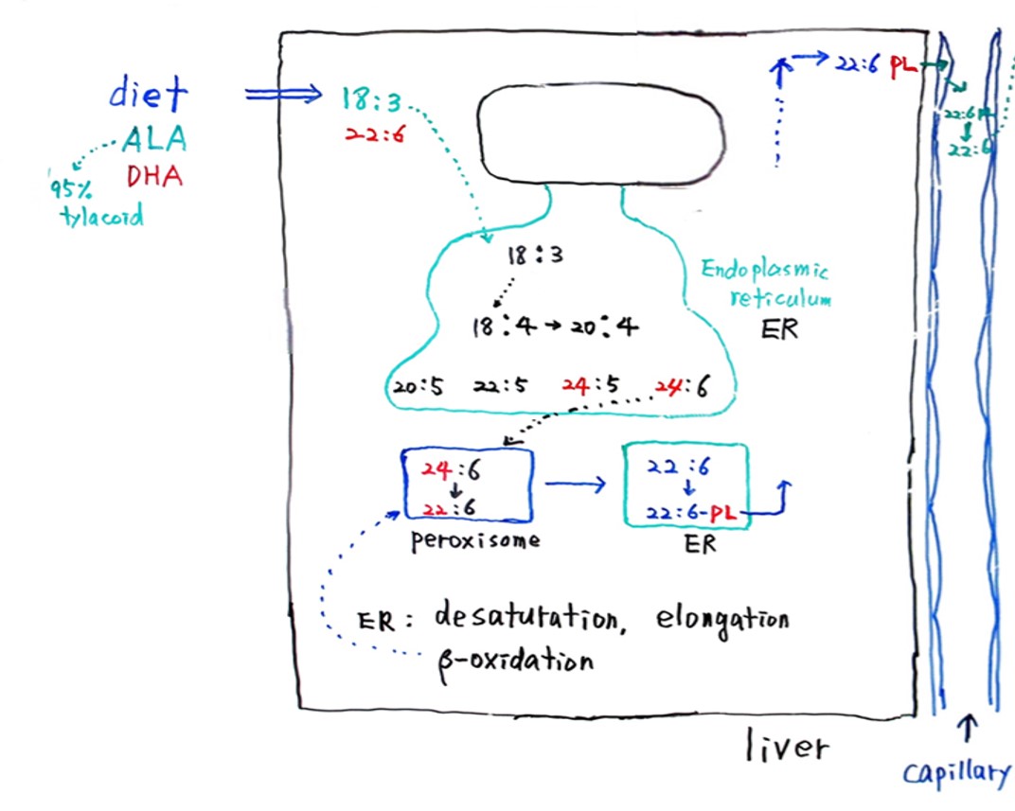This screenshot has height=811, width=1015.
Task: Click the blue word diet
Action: pos(149,94)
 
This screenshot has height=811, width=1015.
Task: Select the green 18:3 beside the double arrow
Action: pos(370,97)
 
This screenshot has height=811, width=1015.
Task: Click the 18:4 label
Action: pos(505,327)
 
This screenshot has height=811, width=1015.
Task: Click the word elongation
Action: pos(721,619)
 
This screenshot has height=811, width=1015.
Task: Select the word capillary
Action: pos(955,773)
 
